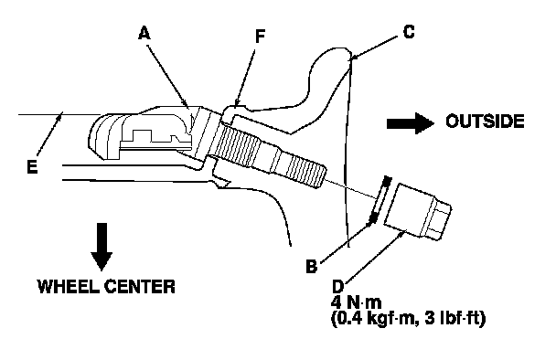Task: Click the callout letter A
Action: point(144,34)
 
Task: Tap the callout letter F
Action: point(261,37)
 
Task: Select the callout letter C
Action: point(409,32)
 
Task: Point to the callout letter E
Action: point(32,166)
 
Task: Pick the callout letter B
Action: point(311,266)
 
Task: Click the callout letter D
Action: point(338,286)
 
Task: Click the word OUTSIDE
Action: point(485,122)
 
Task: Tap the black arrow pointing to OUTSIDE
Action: point(411,123)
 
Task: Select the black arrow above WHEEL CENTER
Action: point(102,247)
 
